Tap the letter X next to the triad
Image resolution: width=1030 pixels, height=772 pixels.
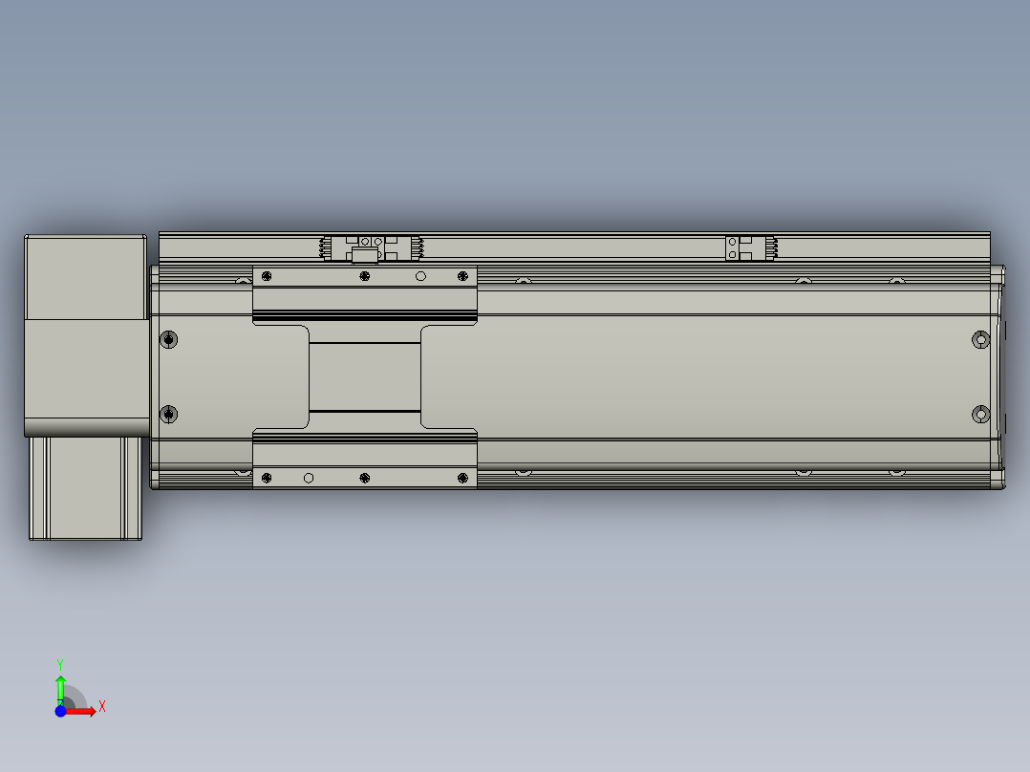click(102, 707)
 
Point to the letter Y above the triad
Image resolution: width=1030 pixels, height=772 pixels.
click(60, 664)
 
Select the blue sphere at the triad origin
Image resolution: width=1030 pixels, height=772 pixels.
click(60, 711)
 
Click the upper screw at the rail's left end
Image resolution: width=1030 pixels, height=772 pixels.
click(169, 339)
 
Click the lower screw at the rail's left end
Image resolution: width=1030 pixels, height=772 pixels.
click(169, 415)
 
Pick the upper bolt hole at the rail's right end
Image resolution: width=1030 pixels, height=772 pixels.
click(980, 340)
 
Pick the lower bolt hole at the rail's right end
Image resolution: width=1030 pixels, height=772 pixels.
click(980, 415)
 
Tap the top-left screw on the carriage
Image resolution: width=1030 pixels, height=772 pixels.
click(267, 276)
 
